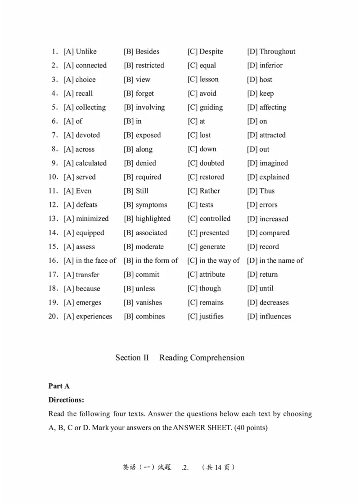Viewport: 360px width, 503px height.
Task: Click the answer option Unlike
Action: pyautogui.click(x=86, y=52)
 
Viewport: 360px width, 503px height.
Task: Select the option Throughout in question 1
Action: pyautogui.click(x=277, y=52)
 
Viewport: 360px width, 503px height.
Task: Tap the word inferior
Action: pyautogui.click(x=271, y=66)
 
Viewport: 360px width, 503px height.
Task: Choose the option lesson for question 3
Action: pyautogui.click(x=209, y=80)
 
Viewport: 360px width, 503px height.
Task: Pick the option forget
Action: pyautogui.click(x=144, y=94)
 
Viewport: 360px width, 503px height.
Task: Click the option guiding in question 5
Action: pyautogui.click(x=211, y=108)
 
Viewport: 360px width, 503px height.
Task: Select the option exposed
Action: pyautogui.click(x=148, y=135)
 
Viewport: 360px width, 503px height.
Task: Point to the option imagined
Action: pyautogui.click(x=274, y=163)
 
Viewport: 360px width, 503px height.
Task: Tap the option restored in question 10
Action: pyautogui.click(x=211, y=177)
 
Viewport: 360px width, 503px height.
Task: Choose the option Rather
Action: pyautogui.click(x=210, y=191)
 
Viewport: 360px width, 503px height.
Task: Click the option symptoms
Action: pyautogui.click(x=151, y=205)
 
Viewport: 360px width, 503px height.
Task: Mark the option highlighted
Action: pyautogui.click(x=153, y=219)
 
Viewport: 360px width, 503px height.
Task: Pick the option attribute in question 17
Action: pyautogui.click(x=212, y=275)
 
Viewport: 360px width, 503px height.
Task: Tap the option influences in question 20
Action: pyautogui.click(x=275, y=317)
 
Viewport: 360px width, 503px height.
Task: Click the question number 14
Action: pyautogui.click(x=53, y=233)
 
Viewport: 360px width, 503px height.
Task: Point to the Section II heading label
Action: pyautogui.click(x=132, y=358)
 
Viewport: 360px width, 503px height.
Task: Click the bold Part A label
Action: pyautogui.click(x=59, y=386)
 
